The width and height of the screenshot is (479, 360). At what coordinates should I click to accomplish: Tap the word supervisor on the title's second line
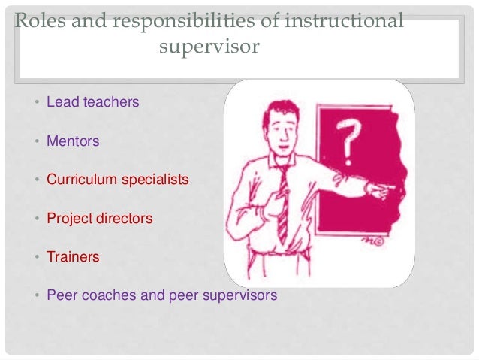pos(209,47)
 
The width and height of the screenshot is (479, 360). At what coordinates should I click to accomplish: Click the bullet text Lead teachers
pos(92,101)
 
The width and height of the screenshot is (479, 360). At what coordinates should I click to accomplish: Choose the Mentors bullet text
pos(73,141)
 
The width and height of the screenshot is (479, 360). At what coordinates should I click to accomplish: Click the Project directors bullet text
pos(99,219)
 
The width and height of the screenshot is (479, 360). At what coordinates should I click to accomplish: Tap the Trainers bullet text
pos(73,257)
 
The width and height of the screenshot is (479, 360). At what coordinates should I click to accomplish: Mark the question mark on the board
pos(346,142)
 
